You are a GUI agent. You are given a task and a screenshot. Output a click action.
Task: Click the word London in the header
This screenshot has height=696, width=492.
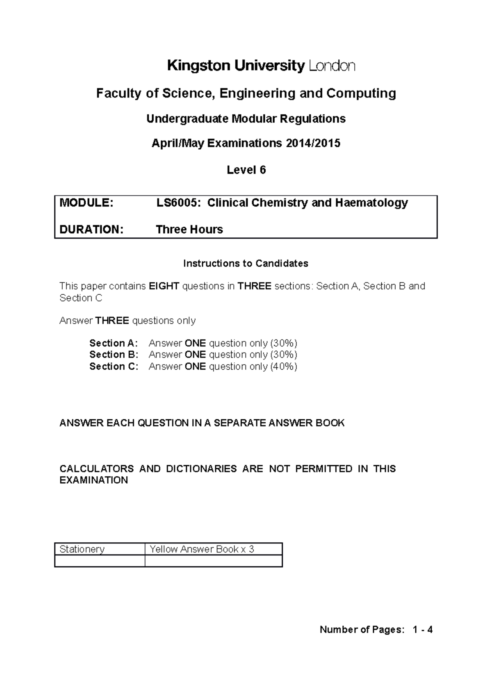tap(332, 66)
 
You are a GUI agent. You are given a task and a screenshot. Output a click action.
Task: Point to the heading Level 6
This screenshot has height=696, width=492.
tap(246, 170)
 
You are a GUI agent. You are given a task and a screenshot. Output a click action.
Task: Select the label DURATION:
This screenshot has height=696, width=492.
tap(91, 229)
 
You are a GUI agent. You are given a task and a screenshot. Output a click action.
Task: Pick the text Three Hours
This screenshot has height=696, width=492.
tap(189, 229)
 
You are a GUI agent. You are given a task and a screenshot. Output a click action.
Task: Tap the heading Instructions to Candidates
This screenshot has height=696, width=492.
tap(246, 264)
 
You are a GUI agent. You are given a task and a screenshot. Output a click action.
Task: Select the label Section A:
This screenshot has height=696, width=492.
tap(114, 343)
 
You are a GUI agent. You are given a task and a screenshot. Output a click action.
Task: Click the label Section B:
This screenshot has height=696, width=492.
tap(114, 355)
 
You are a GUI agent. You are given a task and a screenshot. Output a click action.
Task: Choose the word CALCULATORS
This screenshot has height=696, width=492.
tap(96, 469)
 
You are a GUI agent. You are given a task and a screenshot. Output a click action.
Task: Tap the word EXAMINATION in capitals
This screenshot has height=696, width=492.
tap(93, 480)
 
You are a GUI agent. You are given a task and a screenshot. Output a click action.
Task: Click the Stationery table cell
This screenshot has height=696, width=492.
tap(100, 549)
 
